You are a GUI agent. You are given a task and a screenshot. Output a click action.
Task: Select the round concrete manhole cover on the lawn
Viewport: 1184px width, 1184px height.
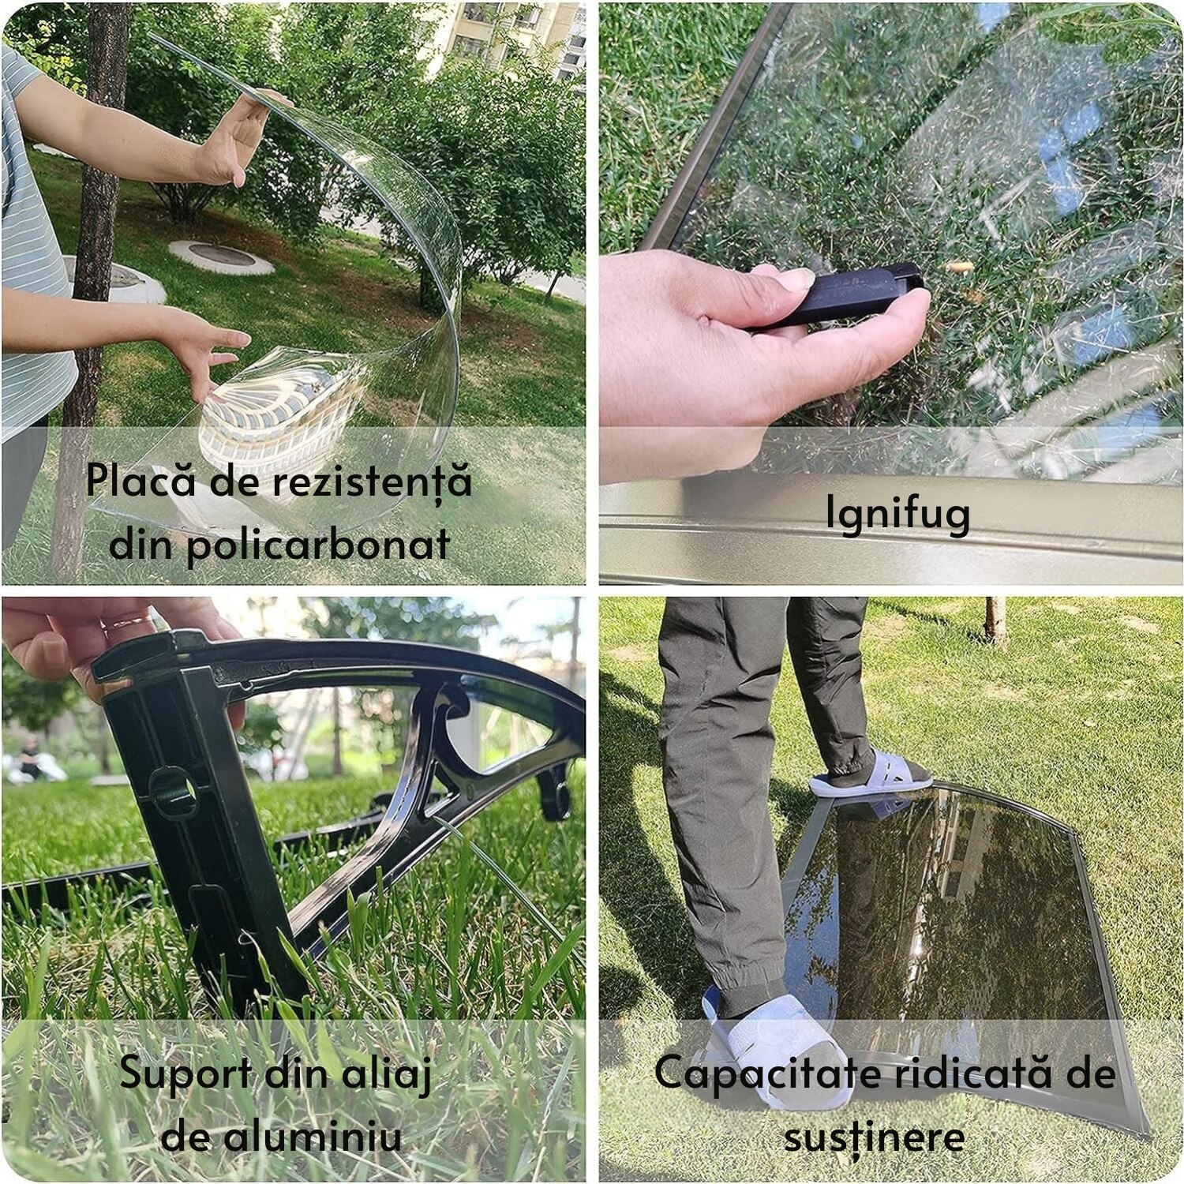point(221,257)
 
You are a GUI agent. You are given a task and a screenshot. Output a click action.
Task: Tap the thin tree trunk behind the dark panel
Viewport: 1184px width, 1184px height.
point(995,620)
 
